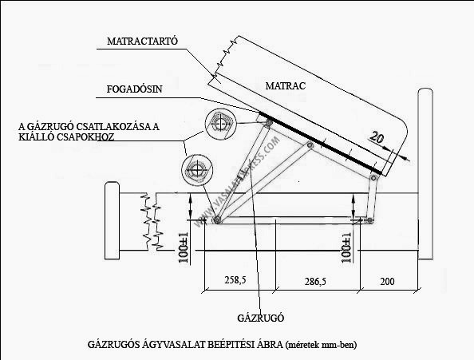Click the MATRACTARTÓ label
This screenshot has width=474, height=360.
(142, 41)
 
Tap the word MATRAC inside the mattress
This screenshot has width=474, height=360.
(286, 86)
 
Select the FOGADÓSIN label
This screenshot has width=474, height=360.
(135, 89)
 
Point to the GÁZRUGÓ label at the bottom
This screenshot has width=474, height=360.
(260, 318)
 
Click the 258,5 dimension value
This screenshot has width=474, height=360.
(235, 280)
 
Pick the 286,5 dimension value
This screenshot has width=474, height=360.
(315, 282)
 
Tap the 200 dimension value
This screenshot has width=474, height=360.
(387, 282)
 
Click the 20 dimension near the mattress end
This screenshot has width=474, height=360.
(377, 137)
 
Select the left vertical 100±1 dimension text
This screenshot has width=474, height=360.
(184, 247)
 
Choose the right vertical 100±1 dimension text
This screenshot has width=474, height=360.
(346, 247)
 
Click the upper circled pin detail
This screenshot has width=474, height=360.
(221, 124)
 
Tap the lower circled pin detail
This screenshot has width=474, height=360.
(197, 170)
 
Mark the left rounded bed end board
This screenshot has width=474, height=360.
(112, 220)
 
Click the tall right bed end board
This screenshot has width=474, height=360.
(425, 174)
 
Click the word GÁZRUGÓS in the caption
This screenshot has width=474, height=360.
(114, 345)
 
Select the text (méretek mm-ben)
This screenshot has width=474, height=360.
(321, 345)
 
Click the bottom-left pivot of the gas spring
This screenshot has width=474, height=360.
(217, 220)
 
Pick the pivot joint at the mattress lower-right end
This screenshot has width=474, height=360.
(373, 178)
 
